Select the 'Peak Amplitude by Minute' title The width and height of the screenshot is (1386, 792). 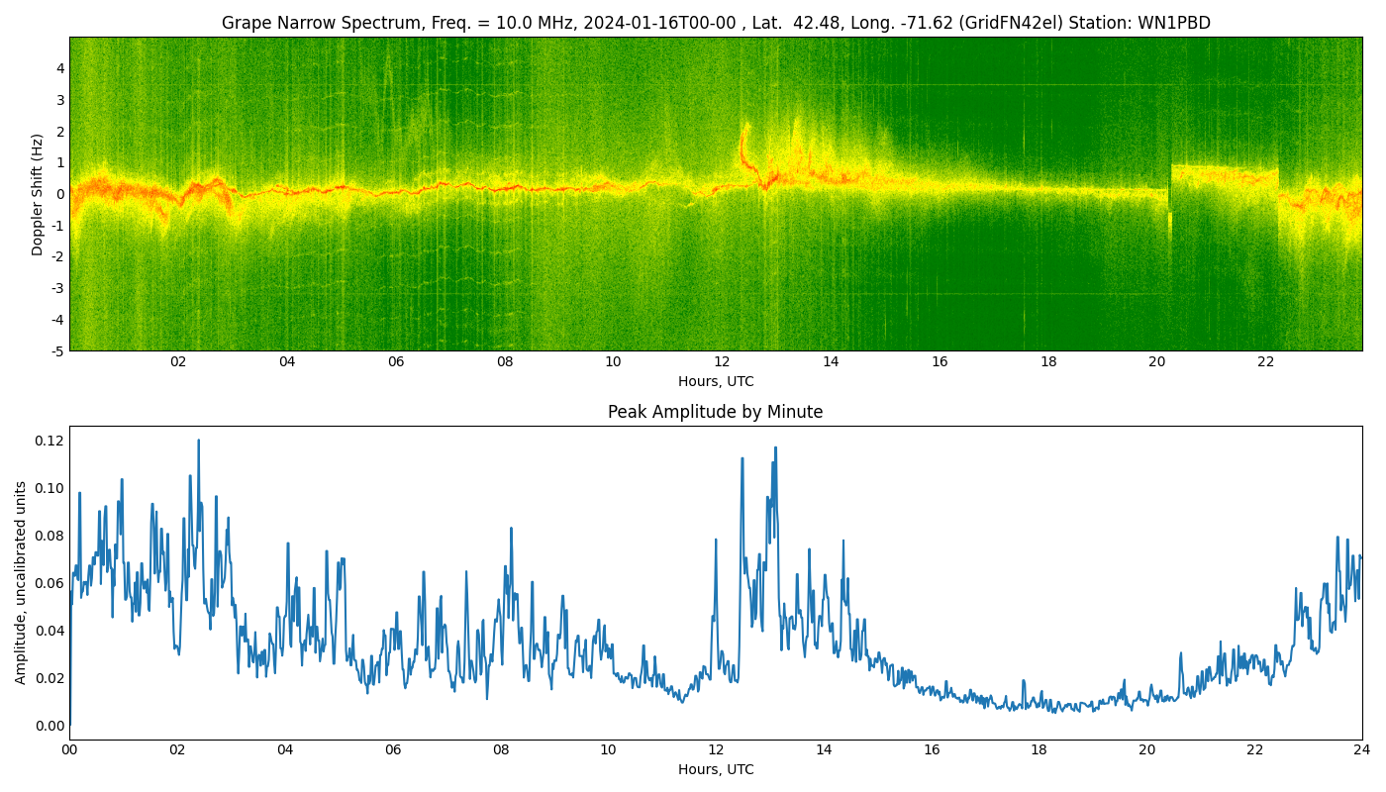point(715,412)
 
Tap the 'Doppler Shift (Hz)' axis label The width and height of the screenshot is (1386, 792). point(38,194)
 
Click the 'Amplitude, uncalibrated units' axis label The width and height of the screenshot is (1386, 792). point(21,582)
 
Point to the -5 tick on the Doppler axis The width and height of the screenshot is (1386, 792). point(57,350)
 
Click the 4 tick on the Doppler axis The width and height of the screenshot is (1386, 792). point(60,68)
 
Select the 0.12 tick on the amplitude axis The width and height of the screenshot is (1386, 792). point(49,441)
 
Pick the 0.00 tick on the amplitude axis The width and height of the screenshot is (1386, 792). point(49,726)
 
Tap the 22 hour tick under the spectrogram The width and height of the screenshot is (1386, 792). point(1266,362)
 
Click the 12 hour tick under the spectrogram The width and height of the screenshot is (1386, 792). point(722,362)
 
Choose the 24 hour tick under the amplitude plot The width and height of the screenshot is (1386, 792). point(1362,750)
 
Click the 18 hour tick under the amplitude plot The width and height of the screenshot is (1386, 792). point(1039,750)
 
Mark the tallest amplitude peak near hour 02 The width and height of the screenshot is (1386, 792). point(198,441)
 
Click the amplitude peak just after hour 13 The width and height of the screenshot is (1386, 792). point(775,447)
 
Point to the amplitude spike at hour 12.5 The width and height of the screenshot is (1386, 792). point(742,458)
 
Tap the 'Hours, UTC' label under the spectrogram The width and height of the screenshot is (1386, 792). point(715,382)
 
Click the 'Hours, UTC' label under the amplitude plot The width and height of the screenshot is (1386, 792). point(715,770)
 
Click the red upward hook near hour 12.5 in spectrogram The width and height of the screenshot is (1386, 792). point(743,134)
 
